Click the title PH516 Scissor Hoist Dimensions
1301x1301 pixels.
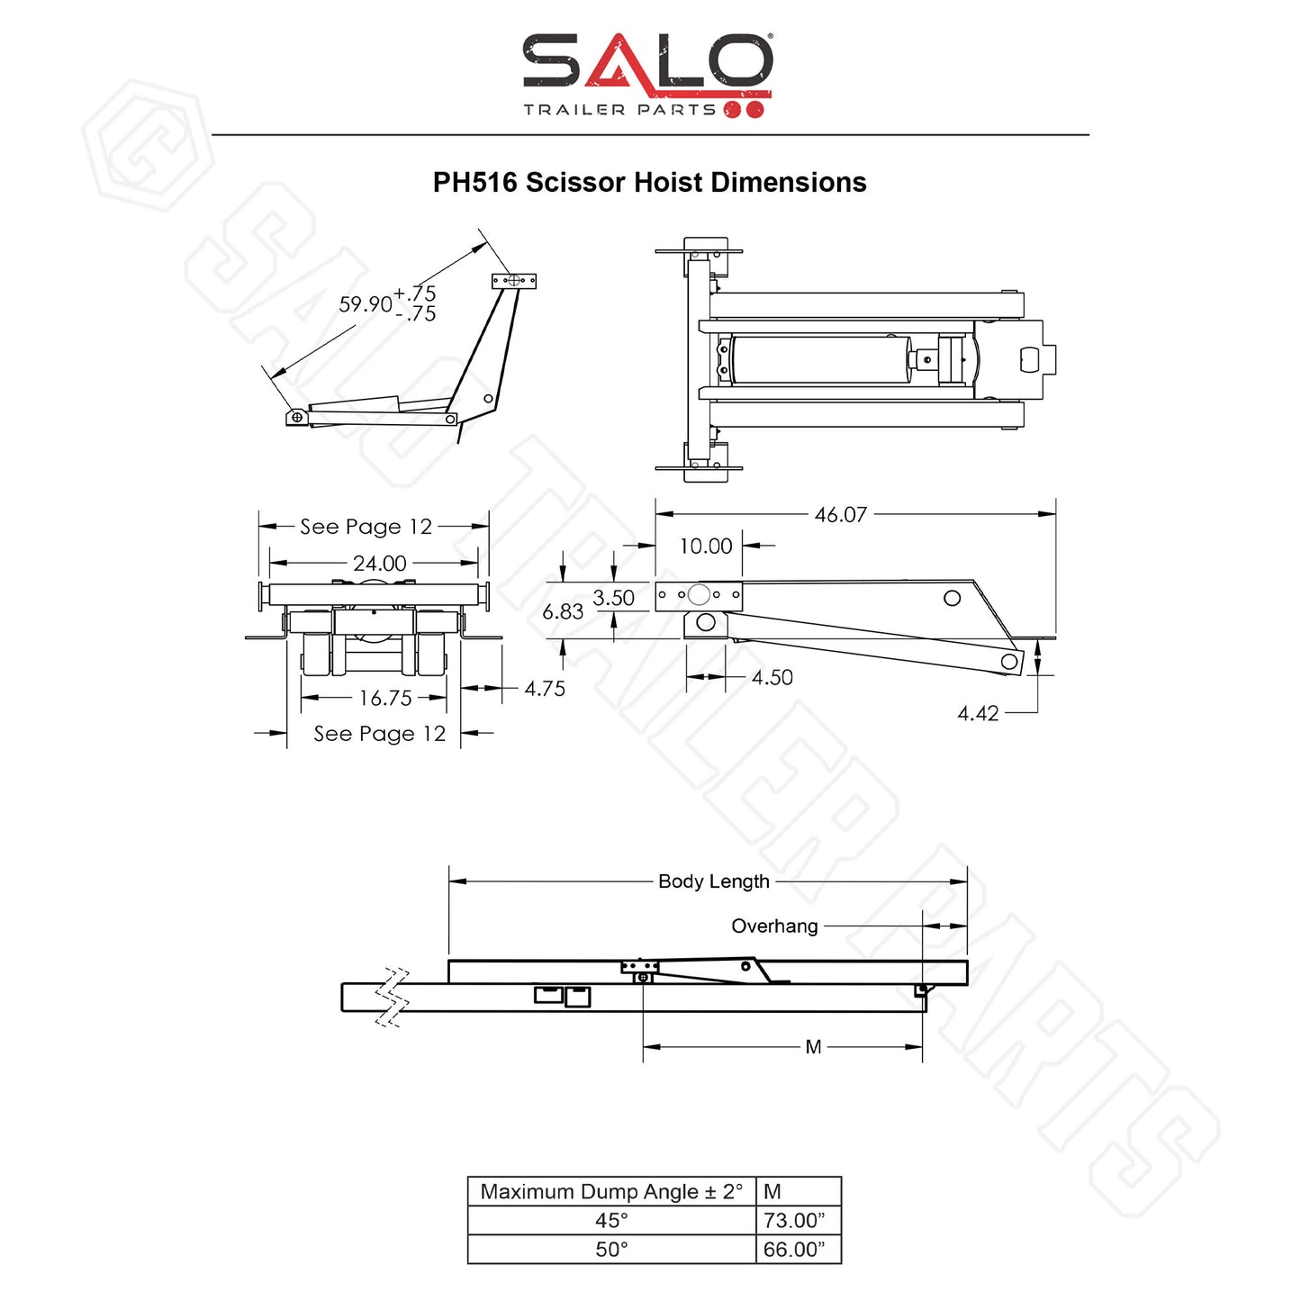(x=649, y=183)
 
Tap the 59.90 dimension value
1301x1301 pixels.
(x=366, y=304)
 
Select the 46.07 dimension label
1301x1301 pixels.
(x=840, y=515)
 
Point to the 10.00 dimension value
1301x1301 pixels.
(x=706, y=547)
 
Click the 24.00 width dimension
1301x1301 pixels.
(x=379, y=564)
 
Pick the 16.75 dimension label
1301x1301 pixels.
(x=385, y=698)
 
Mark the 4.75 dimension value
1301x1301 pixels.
(x=545, y=689)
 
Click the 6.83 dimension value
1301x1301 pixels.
(x=563, y=612)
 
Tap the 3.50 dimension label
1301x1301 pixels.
(x=613, y=598)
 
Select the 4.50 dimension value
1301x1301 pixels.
(x=772, y=678)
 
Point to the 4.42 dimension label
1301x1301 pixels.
(x=978, y=714)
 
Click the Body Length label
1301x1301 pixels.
(x=714, y=881)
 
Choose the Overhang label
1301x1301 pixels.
(x=774, y=926)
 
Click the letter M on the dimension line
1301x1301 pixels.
(x=814, y=1047)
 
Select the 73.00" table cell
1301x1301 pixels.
(x=794, y=1221)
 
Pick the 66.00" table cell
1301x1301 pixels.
(x=794, y=1250)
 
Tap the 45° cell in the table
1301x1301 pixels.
(x=611, y=1221)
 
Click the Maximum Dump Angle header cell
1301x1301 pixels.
(x=611, y=1192)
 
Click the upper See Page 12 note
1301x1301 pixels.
(x=366, y=527)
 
